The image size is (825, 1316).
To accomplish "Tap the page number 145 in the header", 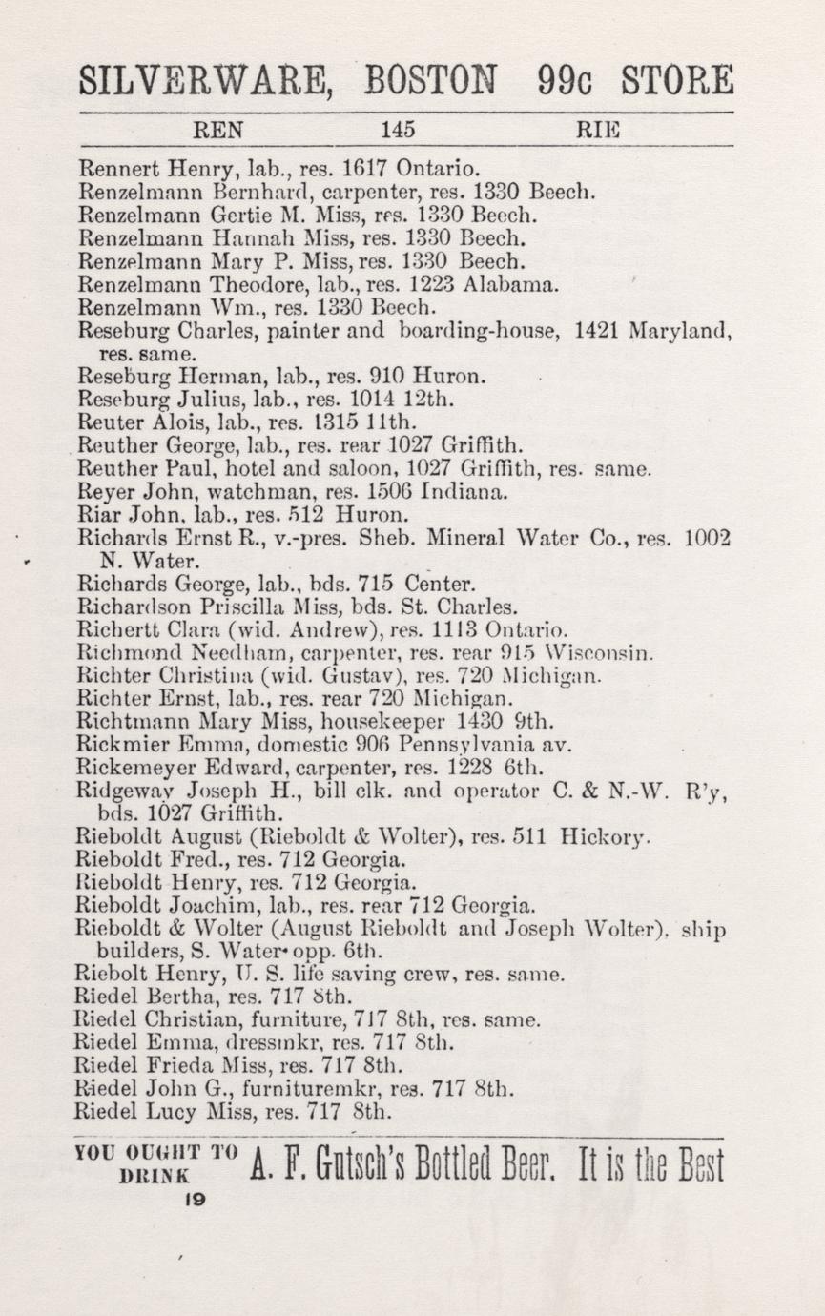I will (x=397, y=129).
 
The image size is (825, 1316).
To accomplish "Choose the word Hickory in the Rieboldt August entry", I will (x=606, y=839).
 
